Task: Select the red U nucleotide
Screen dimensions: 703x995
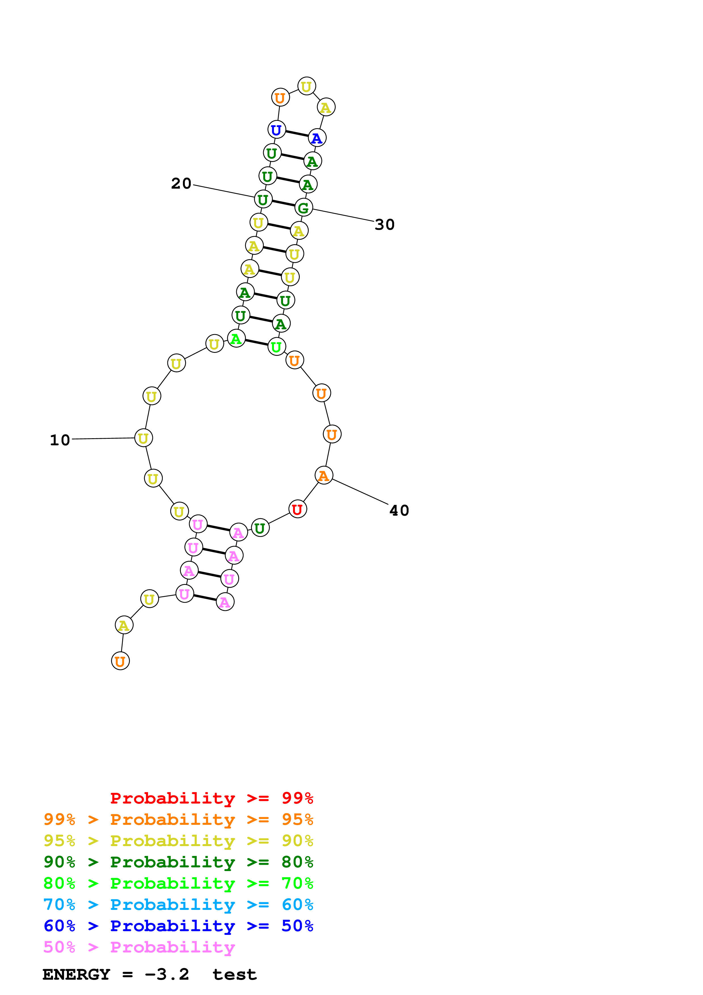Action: pos(297,509)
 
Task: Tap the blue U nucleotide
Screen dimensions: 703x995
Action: pos(276,130)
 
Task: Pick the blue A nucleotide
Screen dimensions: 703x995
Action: pos(317,138)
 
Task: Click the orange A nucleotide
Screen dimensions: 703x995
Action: pos(324,475)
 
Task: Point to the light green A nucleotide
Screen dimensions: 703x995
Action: pos(236,338)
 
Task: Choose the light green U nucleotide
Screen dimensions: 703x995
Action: pos(276,347)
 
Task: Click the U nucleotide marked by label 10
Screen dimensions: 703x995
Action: pos(143,438)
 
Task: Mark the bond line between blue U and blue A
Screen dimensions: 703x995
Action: pos(297,134)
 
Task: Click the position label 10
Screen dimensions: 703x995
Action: pos(60,440)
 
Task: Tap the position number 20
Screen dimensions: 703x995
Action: pos(181,183)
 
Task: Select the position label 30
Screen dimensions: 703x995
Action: pos(385,224)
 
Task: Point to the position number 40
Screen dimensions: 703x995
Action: pos(399,511)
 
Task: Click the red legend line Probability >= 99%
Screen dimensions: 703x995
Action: pos(211,798)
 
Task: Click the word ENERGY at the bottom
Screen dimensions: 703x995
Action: pos(76,974)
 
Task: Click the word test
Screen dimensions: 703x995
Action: pos(234,974)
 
